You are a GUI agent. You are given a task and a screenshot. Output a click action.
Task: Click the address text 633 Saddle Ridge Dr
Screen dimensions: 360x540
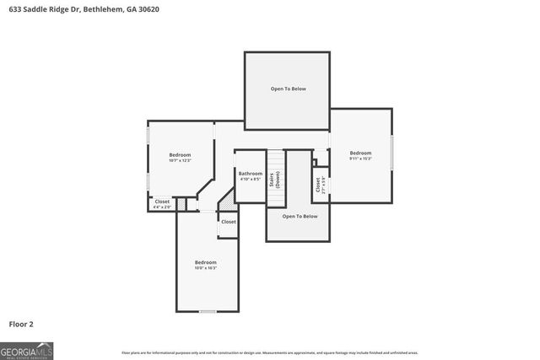coord(46,8)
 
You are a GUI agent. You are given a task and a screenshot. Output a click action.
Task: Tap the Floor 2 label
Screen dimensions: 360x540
coord(21,324)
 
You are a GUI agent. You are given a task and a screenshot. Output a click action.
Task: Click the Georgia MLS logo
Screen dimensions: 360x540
coord(26,350)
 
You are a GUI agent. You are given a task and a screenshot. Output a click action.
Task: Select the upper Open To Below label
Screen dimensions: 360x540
coord(287,89)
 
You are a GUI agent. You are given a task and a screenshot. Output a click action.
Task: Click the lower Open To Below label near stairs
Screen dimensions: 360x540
coord(299,217)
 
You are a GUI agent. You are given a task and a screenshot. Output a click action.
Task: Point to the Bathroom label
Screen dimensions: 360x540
coord(250,174)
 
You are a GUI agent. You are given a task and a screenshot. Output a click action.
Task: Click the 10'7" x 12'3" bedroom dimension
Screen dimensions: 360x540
coord(180,160)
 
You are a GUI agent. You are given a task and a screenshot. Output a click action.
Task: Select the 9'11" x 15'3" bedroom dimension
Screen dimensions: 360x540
coord(360,159)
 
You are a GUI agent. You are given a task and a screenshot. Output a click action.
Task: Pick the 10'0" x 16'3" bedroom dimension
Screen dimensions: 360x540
coord(206,268)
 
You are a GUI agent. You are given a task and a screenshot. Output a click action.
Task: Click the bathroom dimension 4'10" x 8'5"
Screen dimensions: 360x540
coord(250,180)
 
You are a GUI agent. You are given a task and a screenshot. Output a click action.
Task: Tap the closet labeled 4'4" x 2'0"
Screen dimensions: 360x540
coord(162,207)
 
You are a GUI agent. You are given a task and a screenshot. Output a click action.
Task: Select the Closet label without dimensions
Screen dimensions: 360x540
coord(229,221)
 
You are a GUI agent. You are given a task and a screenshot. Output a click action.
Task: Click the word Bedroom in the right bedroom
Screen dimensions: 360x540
coord(360,153)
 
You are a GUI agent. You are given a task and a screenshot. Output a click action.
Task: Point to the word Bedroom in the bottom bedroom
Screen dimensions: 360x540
coord(206,262)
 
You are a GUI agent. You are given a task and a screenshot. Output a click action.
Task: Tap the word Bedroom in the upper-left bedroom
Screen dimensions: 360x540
coord(180,154)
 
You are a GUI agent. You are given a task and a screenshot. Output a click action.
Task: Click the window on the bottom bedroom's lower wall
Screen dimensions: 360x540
coord(208,312)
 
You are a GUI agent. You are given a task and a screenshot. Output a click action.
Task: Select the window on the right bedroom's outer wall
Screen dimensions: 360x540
coord(392,154)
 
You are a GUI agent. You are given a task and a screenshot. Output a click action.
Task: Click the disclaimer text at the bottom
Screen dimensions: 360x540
coord(269,352)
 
